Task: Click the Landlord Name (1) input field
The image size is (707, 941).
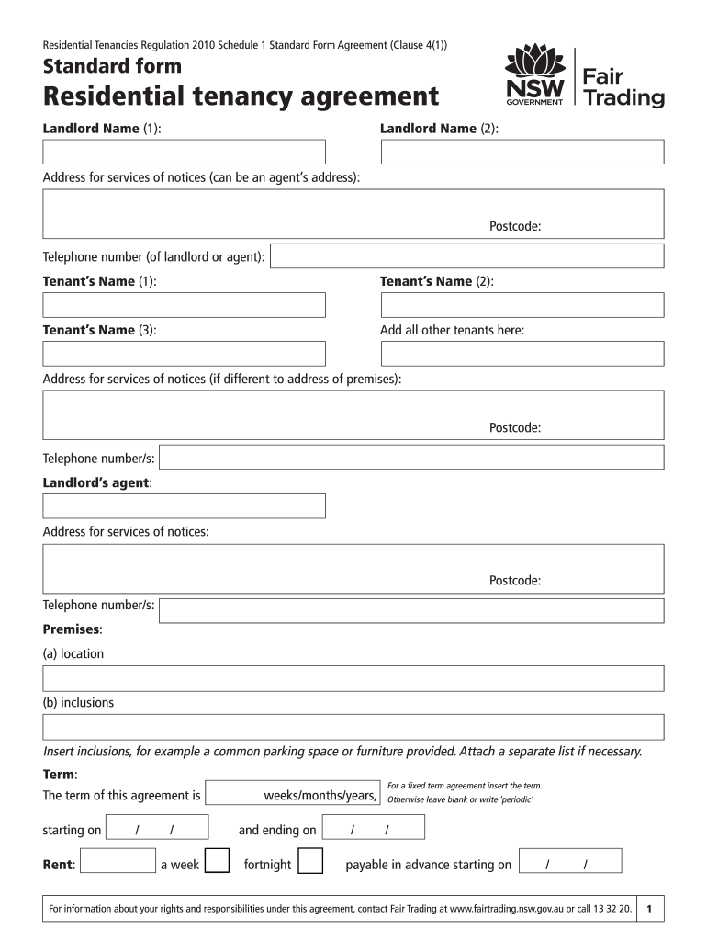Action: pyautogui.click(x=184, y=152)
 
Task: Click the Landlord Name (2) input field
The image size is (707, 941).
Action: pyautogui.click(x=522, y=152)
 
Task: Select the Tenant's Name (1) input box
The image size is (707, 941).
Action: pyautogui.click(x=184, y=305)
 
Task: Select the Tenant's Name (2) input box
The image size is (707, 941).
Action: pyautogui.click(x=522, y=305)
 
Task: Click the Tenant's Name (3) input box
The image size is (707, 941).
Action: pyautogui.click(x=184, y=354)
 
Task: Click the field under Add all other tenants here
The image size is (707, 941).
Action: pyautogui.click(x=522, y=354)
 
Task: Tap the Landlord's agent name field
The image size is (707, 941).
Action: pyautogui.click(x=184, y=506)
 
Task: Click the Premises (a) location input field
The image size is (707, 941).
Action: pyautogui.click(x=353, y=679)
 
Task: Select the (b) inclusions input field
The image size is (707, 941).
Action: pyautogui.click(x=353, y=728)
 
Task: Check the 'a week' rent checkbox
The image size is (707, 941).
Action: pyautogui.click(x=217, y=862)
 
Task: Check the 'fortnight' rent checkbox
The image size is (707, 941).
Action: pyautogui.click(x=311, y=862)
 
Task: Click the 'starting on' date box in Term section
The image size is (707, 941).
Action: pyautogui.click(x=157, y=828)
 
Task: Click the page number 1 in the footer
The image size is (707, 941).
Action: pyautogui.click(x=649, y=909)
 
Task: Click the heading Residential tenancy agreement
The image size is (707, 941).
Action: pyautogui.click(x=241, y=96)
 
